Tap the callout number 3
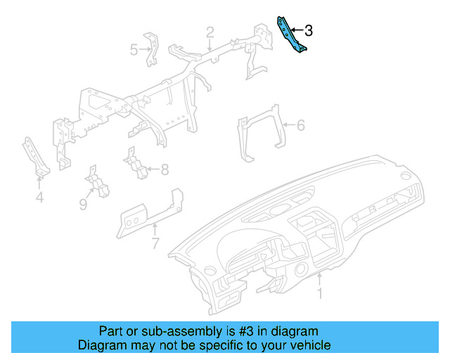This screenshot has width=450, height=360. click(x=308, y=31)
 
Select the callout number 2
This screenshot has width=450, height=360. click(x=210, y=32)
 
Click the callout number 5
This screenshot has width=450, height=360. click(x=134, y=49)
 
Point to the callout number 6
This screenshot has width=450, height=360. click(x=300, y=126)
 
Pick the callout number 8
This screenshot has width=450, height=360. click(x=165, y=169)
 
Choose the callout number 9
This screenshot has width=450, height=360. click(x=82, y=204)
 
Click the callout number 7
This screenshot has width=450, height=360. click(x=155, y=243)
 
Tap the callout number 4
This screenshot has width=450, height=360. click(x=39, y=198)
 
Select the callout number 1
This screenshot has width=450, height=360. click(x=320, y=293)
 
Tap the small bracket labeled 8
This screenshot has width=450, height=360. click(x=136, y=164)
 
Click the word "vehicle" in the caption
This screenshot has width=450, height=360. click(x=309, y=345)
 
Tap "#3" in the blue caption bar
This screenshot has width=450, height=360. click(x=247, y=330)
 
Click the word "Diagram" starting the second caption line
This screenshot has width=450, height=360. click(x=102, y=345)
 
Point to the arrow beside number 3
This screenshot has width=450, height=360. click(x=296, y=31)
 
